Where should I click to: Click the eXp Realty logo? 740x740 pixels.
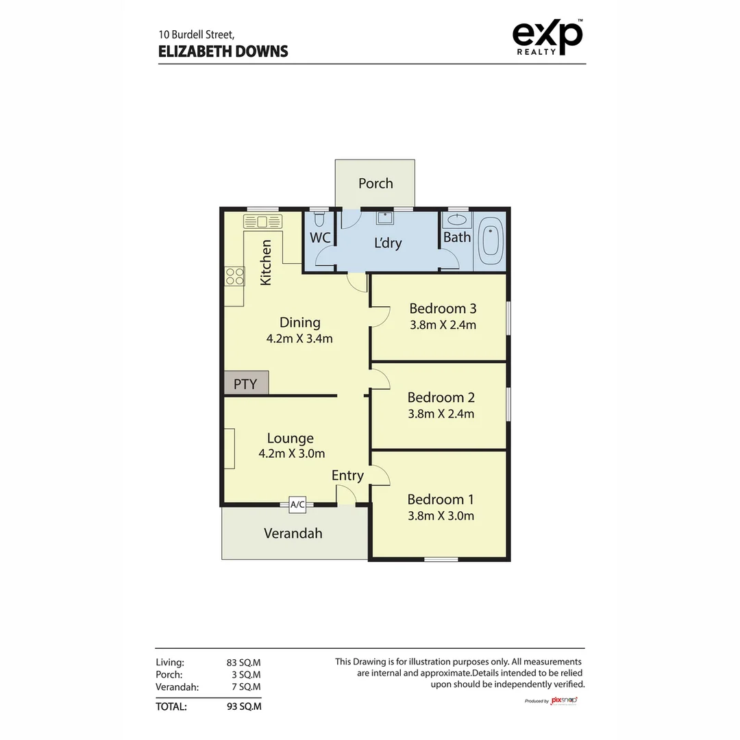click(548, 38)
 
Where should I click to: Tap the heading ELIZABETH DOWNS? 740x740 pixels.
click(223, 51)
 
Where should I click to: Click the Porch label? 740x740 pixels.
click(375, 183)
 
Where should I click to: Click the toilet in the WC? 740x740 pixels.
click(319, 220)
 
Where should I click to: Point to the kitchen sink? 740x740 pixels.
click(263, 221)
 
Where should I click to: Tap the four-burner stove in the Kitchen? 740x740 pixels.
click(235, 276)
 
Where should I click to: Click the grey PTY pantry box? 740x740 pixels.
click(245, 383)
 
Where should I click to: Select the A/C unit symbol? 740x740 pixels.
click(297, 504)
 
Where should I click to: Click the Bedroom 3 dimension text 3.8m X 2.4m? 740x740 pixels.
click(443, 325)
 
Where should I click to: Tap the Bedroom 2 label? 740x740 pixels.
click(441, 397)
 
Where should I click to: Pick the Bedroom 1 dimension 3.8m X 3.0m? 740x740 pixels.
click(441, 516)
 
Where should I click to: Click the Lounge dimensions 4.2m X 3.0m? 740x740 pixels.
click(291, 453)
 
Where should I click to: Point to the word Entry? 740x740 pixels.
click(347, 476)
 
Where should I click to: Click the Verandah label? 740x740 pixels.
click(293, 533)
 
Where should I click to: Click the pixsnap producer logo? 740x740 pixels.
click(564, 700)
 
